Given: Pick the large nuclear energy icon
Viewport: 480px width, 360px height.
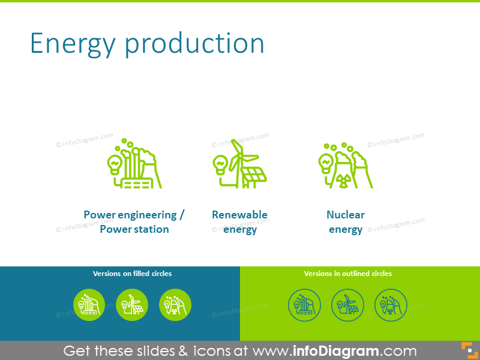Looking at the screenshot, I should (x=345, y=166).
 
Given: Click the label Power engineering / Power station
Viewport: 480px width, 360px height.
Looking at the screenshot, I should (x=134, y=222).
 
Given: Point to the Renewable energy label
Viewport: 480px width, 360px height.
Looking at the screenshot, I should (x=239, y=222).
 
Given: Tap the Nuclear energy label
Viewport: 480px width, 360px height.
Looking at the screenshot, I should (x=345, y=222).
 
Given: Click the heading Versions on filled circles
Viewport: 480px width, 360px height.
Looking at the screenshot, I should (x=132, y=274).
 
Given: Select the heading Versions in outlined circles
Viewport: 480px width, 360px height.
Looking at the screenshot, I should (x=348, y=274).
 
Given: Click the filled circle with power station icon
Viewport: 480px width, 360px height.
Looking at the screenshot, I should (x=89, y=305).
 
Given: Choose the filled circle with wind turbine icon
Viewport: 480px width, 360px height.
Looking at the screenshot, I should (x=132, y=305).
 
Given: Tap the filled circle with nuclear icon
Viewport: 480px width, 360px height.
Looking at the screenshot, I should (x=175, y=305).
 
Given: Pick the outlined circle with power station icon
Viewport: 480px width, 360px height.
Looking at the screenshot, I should (x=304, y=305).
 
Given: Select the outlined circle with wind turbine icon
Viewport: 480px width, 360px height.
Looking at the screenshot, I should (x=347, y=305).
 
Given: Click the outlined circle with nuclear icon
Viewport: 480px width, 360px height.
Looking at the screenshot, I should (x=391, y=305).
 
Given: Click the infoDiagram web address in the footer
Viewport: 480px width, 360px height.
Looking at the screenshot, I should (x=334, y=351).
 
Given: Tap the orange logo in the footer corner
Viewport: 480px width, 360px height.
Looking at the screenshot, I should (x=468, y=350).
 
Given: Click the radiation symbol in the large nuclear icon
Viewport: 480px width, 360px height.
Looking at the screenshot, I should (x=343, y=181).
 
